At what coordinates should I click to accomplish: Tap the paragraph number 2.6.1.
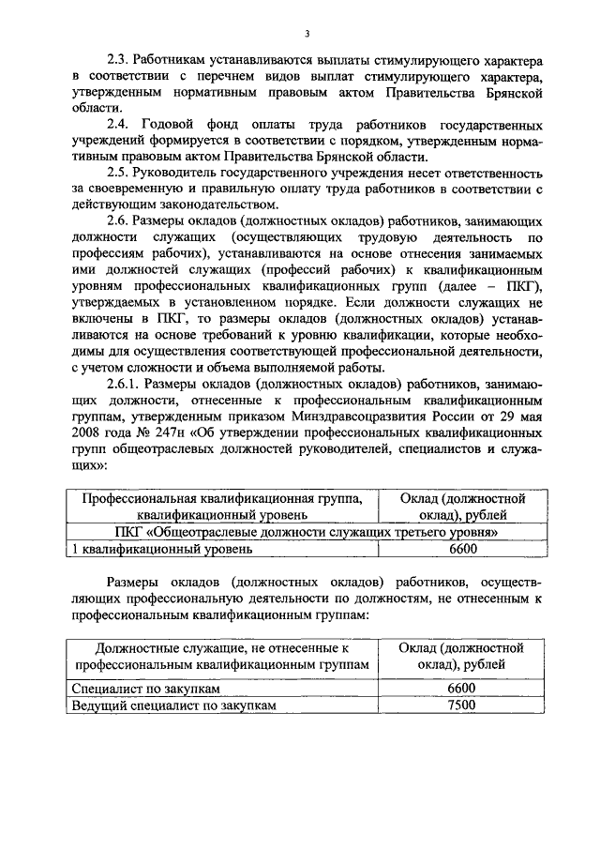pos(124,384)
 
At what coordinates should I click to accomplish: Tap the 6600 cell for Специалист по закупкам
pos(463,689)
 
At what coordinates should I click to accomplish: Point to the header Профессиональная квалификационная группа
pos(221,498)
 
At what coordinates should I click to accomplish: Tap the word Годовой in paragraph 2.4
pos(172,124)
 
